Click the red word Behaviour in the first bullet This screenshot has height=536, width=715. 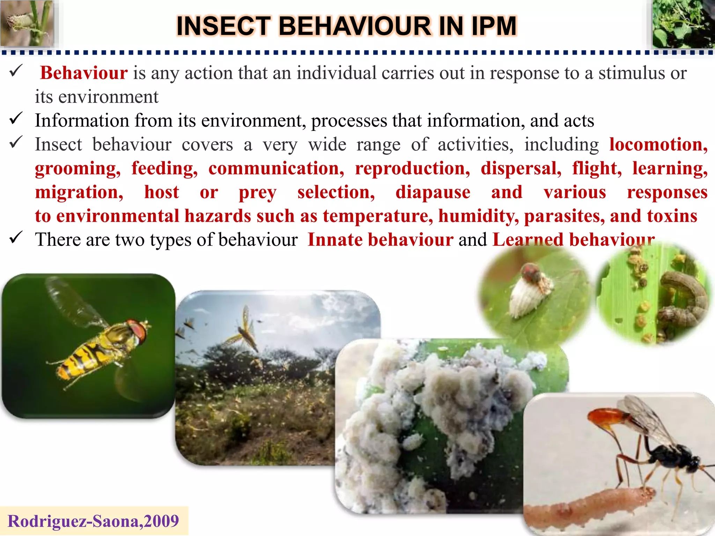pos(84,73)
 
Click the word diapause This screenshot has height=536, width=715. pos(433,192)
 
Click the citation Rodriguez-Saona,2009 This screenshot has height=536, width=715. pos(93,521)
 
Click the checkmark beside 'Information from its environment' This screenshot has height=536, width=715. pos(16,118)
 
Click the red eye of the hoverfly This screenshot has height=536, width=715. pos(138,329)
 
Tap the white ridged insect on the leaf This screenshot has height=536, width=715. pos(525,297)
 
